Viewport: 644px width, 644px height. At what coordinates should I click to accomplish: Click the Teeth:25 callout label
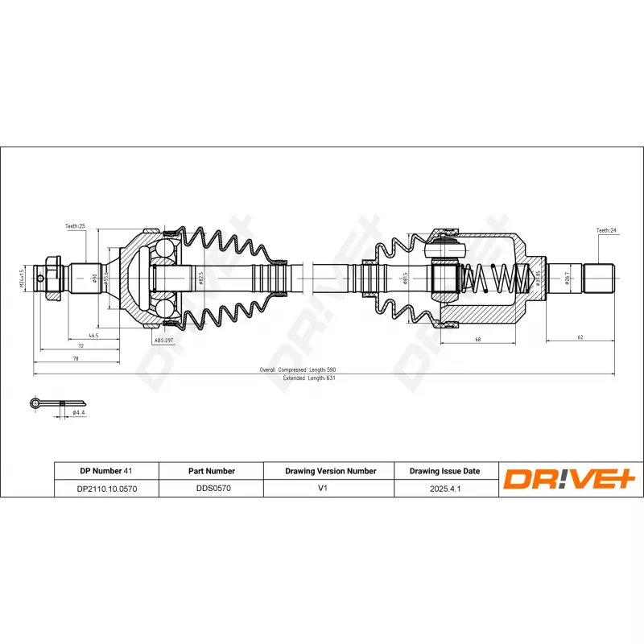[75, 226]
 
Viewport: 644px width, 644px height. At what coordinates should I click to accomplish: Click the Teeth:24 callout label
[606, 230]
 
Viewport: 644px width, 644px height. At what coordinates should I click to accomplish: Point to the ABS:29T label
[163, 341]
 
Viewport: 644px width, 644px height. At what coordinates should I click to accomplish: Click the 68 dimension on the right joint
[477, 339]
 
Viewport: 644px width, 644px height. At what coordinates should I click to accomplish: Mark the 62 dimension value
[580, 339]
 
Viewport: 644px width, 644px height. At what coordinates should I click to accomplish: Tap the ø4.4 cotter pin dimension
[79, 412]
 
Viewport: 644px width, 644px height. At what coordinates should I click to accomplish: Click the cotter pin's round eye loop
[35, 402]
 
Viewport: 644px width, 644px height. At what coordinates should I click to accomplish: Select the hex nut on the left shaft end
[50, 279]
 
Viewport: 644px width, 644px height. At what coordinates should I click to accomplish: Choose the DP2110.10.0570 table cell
[106, 488]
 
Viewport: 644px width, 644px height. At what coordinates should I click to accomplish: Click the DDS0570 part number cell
[211, 488]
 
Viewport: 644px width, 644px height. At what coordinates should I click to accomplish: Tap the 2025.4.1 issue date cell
[444, 488]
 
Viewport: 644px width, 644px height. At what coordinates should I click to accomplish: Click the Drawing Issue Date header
[444, 471]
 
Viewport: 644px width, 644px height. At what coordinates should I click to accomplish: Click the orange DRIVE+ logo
[569, 479]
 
